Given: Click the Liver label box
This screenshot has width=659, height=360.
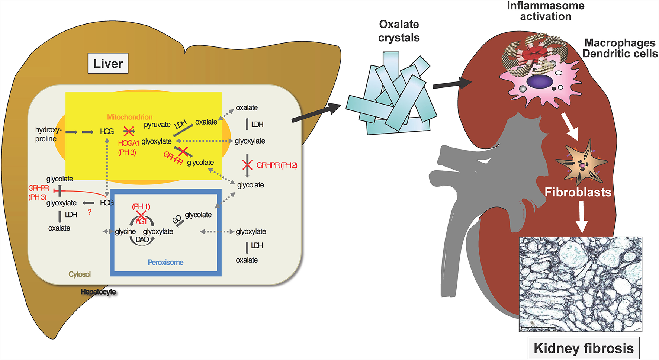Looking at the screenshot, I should pyautogui.click(x=108, y=64).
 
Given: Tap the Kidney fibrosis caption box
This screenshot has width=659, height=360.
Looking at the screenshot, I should pyautogui.click(x=583, y=348).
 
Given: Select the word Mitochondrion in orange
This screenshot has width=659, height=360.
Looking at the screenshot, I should pyautogui.click(x=130, y=117).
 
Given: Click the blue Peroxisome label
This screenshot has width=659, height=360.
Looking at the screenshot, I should pyautogui.click(x=165, y=263).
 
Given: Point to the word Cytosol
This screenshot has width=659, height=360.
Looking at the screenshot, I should pyautogui.click(x=80, y=274).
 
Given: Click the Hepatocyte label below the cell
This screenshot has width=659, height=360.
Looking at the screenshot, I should pyautogui.click(x=99, y=292).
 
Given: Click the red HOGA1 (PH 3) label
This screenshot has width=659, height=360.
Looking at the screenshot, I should pyautogui.click(x=128, y=148).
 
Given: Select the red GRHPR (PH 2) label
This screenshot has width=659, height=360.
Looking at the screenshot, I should pyautogui.click(x=277, y=165).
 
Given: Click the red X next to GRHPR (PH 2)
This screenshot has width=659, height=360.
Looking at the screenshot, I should pyautogui.click(x=247, y=165).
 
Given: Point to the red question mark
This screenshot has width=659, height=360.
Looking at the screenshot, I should pyautogui.click(x=89, y=212).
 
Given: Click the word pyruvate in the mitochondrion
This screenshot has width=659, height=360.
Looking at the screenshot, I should pyautogui.click(x=157, y=125).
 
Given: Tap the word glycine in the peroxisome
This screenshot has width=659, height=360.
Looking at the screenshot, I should pyautogui.click(x=125, y=232).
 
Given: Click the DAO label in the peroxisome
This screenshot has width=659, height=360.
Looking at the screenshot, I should pyautogui.click(x=142, y=240).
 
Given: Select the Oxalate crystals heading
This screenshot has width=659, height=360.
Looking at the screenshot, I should pyautogui.click(x=399, y=31).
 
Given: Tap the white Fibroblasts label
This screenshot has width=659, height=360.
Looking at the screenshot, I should pyautogui.click(x=578, y=192).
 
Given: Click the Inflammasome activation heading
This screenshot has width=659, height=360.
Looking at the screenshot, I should pyautogui.click(x=546, y=11).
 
